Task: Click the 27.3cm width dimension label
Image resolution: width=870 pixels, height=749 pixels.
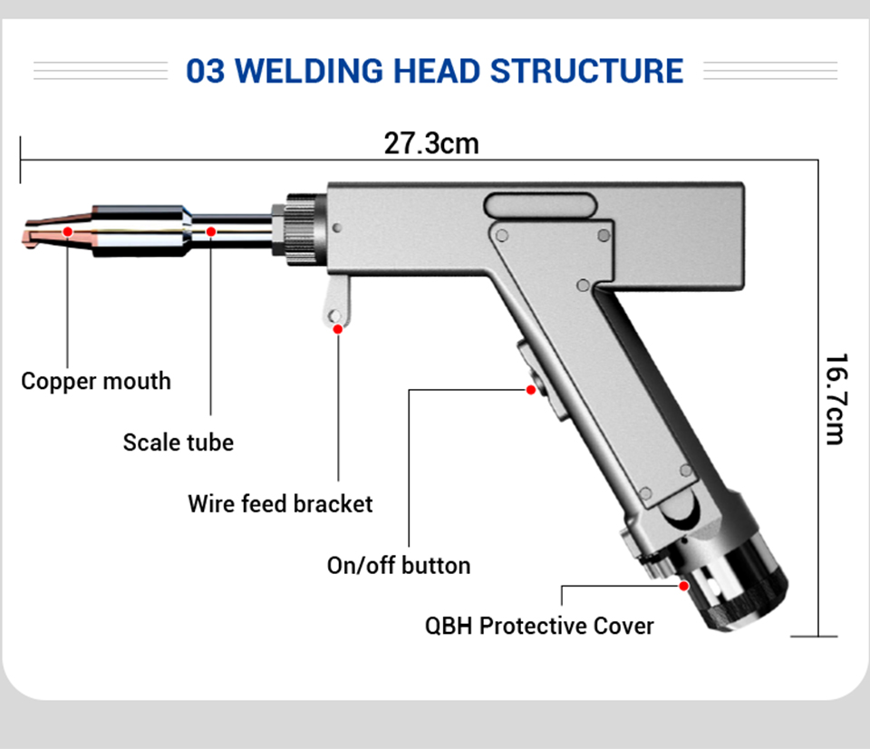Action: [x=430, y=143]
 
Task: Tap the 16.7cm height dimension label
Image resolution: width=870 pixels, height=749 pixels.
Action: [x=835, y=399]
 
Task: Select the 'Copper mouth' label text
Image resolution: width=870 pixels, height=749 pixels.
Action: [x=96, y=381]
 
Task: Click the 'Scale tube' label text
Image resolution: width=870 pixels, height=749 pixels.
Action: [x=179, y=443]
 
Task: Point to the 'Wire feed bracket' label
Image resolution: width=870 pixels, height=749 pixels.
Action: [x=280, y=503]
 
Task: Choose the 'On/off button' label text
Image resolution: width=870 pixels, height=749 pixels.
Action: [x=399, y=565]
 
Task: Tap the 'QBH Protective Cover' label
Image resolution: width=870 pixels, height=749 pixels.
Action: [x=539, y=626]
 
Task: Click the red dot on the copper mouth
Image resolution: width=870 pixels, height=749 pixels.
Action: [x=68, y=231]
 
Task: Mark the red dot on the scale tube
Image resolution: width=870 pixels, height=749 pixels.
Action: [x=211, y=231]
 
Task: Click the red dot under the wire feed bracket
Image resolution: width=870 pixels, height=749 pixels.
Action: [x=338, y=328]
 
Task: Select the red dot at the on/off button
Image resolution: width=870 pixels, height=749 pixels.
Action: [x=531, y=390]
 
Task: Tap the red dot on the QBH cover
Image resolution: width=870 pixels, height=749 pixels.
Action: [x=684, y=586]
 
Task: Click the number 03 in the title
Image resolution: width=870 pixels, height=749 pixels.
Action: [x=205, y=71]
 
